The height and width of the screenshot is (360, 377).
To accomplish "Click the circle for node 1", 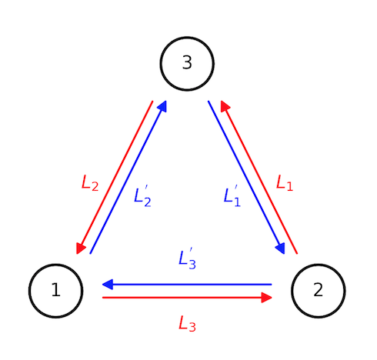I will click(x=55, y=291).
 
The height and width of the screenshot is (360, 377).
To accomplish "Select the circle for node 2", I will click(x=319, y=291).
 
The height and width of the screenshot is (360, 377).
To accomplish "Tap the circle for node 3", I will click(x=187, y=63).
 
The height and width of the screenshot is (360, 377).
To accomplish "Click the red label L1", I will click(x=285, y=183).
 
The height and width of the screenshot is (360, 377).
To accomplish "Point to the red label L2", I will click(x=90, y=183).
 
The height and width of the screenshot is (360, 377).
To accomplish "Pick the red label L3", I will click(x=187, y=324).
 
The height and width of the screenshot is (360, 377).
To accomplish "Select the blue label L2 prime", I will click(x=142, y=195).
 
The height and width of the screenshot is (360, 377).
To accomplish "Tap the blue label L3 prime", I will click(x=187, y=259).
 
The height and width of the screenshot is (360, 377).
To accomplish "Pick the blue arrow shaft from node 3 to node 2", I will click(x=246, y=177).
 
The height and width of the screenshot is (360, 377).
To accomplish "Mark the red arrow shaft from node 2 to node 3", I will click(x=259, y=177).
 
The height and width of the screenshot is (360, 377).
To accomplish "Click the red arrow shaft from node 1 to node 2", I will click(x=185, y=297).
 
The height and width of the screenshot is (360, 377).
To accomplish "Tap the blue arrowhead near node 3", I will click(x=162, y=107).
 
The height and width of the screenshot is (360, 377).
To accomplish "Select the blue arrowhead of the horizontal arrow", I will click(x=108, y=285).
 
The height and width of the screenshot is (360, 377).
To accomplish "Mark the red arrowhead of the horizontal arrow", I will click(x=266, y=297).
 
